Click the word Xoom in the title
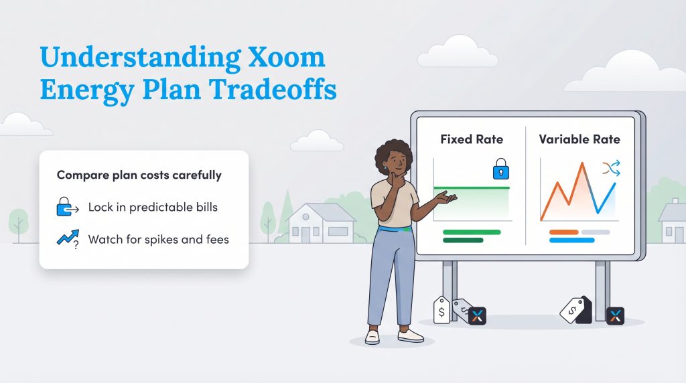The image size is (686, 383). [x=284, y=58]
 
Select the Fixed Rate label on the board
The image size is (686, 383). [x=472, y=140]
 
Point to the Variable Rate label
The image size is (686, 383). [x=579, y=140]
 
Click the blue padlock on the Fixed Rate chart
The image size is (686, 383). [x=500, y=169]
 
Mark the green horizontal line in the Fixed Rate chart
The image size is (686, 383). [x=472, y=188]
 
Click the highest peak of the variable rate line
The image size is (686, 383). [x=582, y=164]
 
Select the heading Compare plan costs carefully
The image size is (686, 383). [x=139, y=175]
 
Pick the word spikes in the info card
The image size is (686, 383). [x=167, y=239]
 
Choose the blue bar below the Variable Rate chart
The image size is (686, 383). [x=571, y=240]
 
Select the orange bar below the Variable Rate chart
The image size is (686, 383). [x=563, y=232]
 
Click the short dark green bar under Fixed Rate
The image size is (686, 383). [x=463, y=240]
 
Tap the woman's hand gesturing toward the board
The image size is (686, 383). [x=446, y=198]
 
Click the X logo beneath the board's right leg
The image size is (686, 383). [x=615, y=316]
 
